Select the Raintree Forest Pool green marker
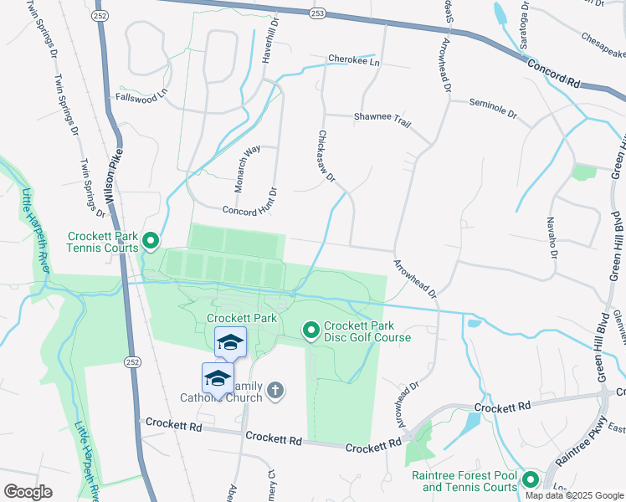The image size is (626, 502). (x=530, y=480)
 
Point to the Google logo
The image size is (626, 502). (x=28, y=492)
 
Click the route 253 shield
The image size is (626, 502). (x=317, y=13)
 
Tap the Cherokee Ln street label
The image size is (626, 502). (x=353, y=62)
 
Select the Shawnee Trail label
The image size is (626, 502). (x=382, y=120)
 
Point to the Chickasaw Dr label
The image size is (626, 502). (x=326, y=156)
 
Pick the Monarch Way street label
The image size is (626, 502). (x=248, y=170)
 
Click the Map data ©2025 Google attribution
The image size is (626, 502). (x=574, y=495)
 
